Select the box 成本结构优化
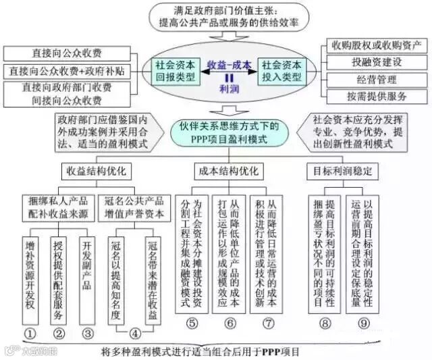click(x=228, y=170)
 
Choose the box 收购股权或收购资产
click(x=377, y=46)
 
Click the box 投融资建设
click(x=377, y=62)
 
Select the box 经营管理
click(x=377, y=79)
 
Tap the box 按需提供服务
click(x=377, y=95)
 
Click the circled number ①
click(x=30, y=332)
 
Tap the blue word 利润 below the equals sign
click(x=229, y=88)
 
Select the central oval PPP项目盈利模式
click(x=228, y=132)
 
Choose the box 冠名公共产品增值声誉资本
click(x=134, y=207)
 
